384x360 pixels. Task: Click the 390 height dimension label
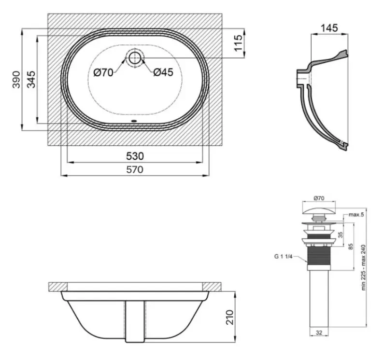16,80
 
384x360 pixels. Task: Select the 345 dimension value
31,80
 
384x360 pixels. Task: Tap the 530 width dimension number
135,156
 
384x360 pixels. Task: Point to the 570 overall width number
135,169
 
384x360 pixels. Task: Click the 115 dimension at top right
238,43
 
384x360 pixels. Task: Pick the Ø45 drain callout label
163,72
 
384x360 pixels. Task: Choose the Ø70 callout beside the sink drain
103,72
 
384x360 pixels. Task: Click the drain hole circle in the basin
135,58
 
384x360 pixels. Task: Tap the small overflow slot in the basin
134,121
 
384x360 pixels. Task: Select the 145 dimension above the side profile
329,28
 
